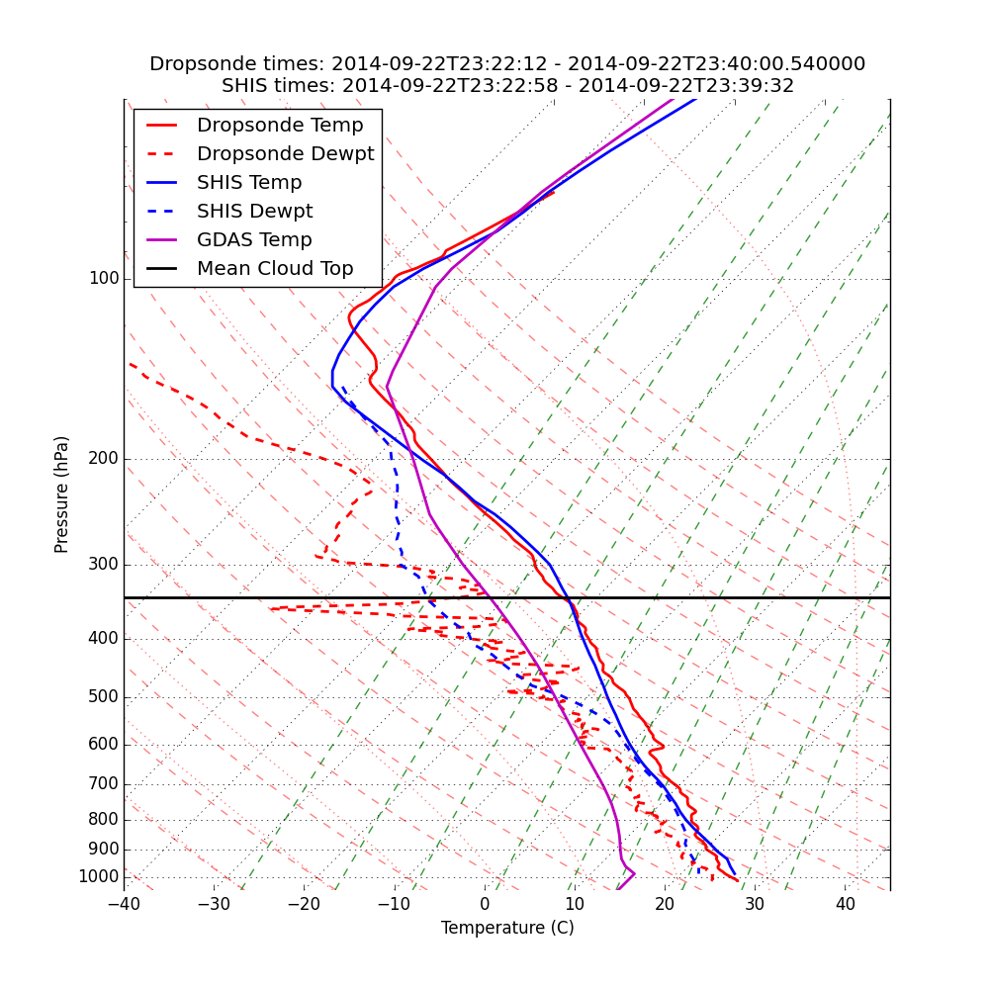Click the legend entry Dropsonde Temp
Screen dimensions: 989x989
point(280,126)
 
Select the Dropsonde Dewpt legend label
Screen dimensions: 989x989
point(285,154)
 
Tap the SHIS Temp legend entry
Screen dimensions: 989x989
point(249,183)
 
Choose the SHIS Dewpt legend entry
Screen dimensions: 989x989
point(254,212)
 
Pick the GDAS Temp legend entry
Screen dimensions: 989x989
point(254,240)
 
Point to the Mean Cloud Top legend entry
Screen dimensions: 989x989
point(275,269)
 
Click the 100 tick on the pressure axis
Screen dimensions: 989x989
point(104,279)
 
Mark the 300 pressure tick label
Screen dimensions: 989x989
point(104,565)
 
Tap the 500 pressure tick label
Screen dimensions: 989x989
point(104,697)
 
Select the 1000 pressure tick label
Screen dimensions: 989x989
point(99,877)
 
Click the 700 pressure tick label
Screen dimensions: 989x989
point(104,784)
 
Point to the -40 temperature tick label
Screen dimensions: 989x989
point(124,904)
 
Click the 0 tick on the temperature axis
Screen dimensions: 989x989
point(485,904)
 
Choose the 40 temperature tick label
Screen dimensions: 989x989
point(845,904)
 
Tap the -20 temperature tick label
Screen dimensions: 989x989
point(304,904)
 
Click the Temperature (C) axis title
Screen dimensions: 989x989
point(507,928)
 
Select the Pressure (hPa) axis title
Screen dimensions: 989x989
point(62,494)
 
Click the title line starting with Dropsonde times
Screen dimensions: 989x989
point(507,64)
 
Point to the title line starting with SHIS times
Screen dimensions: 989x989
point(507,86)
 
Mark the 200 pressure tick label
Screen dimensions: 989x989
point(104,459)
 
